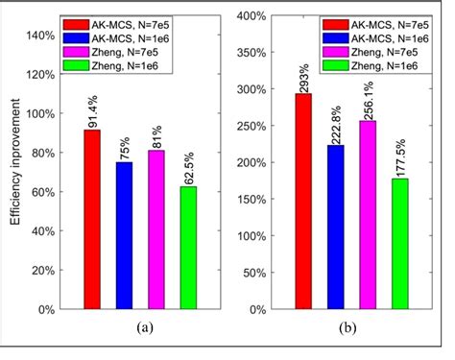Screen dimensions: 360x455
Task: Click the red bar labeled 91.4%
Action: [91, 220]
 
